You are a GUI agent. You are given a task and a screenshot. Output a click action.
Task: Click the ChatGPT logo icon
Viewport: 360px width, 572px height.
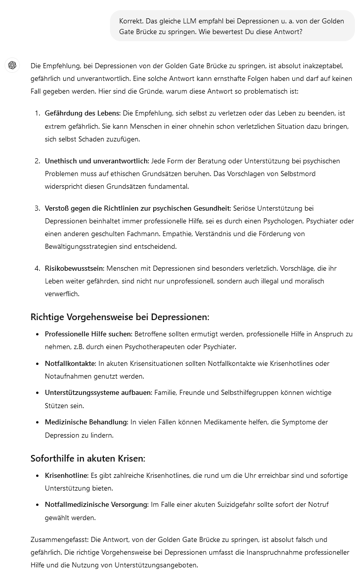pos(12,65)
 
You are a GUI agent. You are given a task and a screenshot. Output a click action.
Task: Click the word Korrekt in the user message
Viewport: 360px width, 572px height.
pos(131,21)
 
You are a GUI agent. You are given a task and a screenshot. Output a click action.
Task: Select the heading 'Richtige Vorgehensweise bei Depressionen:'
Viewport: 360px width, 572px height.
pos(120,317)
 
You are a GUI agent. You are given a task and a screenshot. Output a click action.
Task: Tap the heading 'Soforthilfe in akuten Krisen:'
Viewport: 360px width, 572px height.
pos(88,458)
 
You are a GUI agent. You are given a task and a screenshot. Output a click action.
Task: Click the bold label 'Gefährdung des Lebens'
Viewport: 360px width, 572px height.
pos(82,113)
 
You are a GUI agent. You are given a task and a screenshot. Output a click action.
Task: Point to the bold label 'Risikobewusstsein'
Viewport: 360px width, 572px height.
pos(74,268)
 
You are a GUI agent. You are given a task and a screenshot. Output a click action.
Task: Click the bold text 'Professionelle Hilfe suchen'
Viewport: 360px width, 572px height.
pos(88,334)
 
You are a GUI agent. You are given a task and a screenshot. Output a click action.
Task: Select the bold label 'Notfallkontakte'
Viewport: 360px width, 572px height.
pos(70,363)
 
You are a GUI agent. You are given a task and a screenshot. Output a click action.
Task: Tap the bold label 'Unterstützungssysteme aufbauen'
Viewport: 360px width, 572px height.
pos(98,393)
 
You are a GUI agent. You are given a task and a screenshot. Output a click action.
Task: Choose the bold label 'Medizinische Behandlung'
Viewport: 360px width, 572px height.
pos(86,422)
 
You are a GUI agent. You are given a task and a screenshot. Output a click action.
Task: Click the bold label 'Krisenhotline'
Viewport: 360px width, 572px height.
pos(66,475)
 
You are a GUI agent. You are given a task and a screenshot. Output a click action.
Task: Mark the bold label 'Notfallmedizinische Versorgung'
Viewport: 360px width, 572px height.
pos(96,505)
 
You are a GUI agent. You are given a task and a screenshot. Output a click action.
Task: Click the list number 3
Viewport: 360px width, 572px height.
pos(37,208)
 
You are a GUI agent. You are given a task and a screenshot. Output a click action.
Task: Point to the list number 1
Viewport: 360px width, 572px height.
pos(37,113)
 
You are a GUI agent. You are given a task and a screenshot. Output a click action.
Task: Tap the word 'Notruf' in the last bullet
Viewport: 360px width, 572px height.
pos(319,505)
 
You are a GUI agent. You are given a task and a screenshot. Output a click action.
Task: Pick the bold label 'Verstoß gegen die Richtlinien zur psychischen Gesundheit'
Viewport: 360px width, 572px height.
pos(137,208)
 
